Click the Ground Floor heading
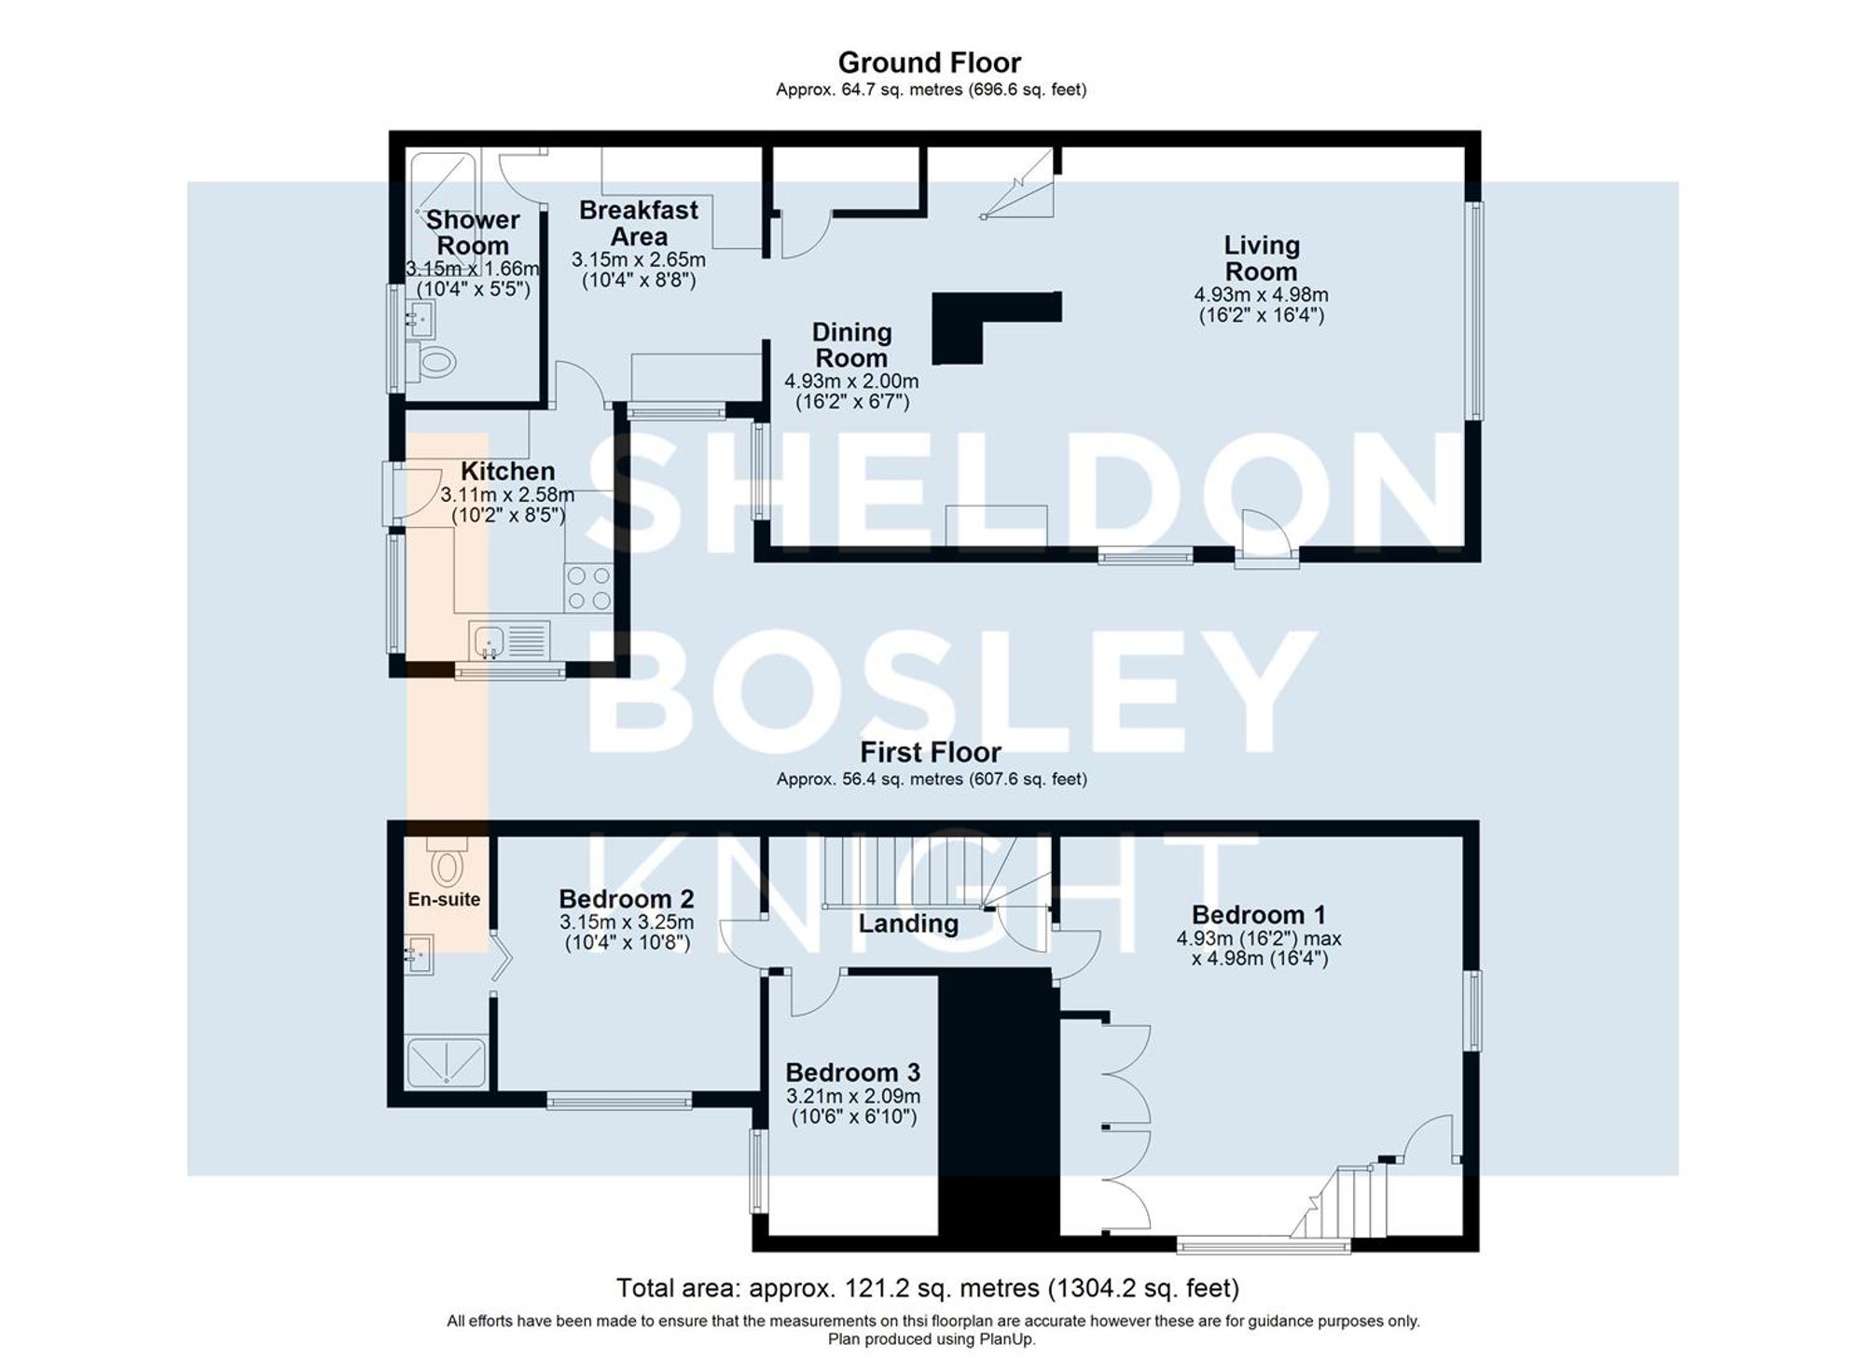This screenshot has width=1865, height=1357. click(x=929, y=62)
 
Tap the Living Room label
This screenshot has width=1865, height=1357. click(x=1261, y=258)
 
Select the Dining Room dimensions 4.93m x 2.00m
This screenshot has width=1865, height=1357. click(x=850, y=381)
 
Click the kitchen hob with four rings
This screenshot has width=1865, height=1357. click(x=588, y=588)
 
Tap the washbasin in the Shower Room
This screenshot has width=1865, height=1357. click(x=421, y=319)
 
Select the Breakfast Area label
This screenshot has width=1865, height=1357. click(x=639, y=223)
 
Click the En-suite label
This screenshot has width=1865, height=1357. click(x=444, y=899)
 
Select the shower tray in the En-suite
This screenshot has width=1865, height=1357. click(x=447, y=1062)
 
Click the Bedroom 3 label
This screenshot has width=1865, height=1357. click(x=852, y=1072)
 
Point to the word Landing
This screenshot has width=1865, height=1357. click(x=908, y=923)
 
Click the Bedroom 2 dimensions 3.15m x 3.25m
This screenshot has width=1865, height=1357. click(x=627, y=922)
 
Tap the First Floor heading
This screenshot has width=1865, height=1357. click(x=930, y=752)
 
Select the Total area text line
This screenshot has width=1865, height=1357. click(x=927, y=1288)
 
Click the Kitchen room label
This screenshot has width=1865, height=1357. click(x=507, y=471)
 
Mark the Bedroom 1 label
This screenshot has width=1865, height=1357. click(x=1258, y=914)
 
